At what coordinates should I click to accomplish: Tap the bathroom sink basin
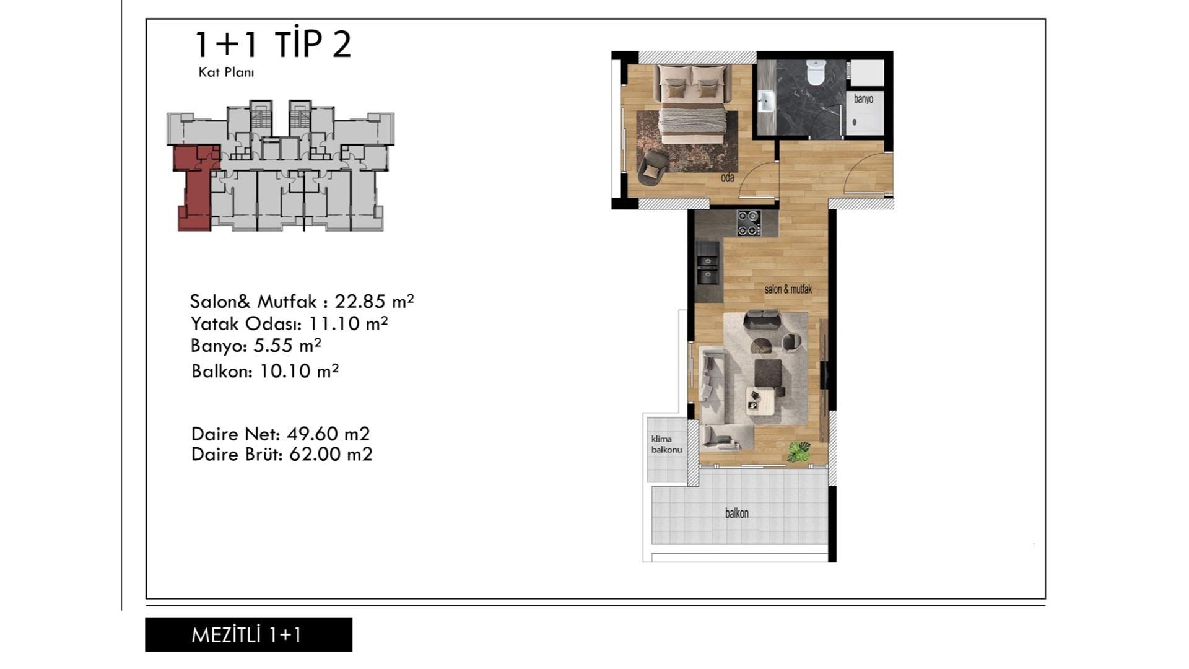point(766,101)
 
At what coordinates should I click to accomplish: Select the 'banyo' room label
point(863,99)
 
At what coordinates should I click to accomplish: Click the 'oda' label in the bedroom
point(728,178)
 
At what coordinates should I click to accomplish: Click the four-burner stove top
point(748,223)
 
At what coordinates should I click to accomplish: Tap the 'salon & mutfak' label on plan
point(788,289)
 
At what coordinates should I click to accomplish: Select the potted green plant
point(798,451)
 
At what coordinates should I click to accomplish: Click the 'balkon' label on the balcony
point(737,513)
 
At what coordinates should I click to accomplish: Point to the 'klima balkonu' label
point(666,444)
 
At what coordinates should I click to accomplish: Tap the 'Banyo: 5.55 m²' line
point(256,345)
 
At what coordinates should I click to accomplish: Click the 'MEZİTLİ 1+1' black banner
point(248,634)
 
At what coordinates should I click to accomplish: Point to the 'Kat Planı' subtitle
point(226,72)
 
